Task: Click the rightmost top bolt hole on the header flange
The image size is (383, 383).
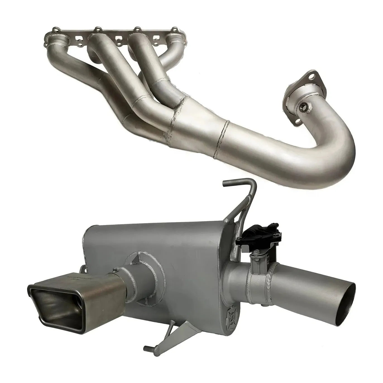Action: [175, 29]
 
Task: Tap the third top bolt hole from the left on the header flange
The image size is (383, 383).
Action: [137, 29]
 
